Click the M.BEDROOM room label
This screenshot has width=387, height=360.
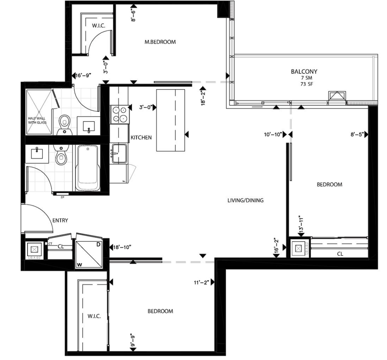(160, 42)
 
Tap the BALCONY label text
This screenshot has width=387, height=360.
(304, 71)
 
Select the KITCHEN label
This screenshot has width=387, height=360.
(141, 137)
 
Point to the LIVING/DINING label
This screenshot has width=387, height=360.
(245, 201)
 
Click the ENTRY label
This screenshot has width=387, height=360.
(60, 220)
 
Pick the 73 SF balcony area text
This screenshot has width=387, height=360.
(304, 84)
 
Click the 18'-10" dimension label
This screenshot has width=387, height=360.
(123, 247)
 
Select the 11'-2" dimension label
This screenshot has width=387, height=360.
(201, 283)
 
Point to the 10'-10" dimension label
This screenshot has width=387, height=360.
(273, 135)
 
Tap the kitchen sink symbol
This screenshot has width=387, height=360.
(119, 153)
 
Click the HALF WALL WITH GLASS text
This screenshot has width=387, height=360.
(37, 120)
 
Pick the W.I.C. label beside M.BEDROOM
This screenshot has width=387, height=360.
(99, 26)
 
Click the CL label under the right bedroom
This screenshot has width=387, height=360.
(340, 254)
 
